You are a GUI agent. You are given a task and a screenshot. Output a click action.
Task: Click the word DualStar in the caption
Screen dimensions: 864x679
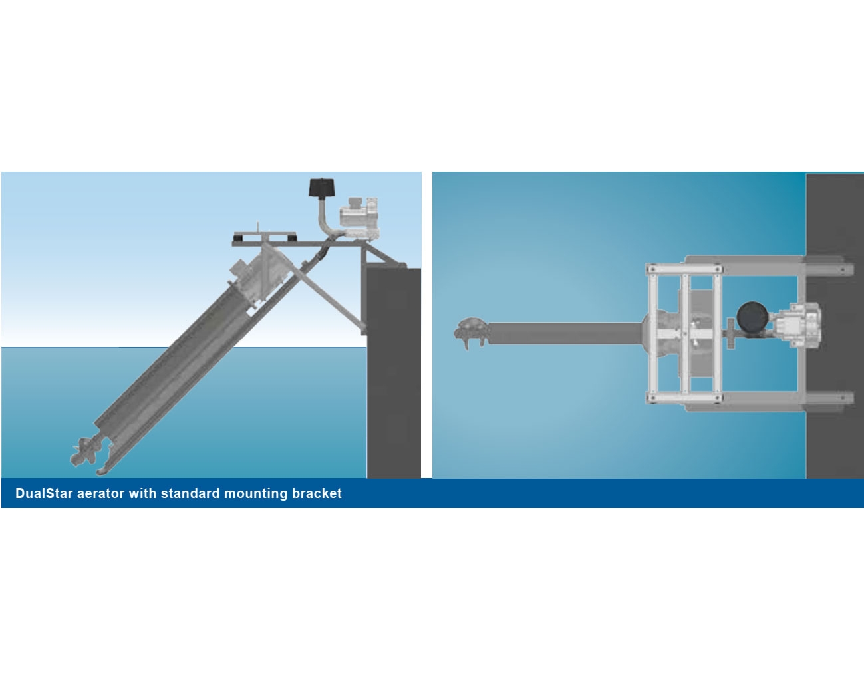(44, 493)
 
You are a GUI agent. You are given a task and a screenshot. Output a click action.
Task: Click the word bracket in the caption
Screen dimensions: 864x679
(317, 493)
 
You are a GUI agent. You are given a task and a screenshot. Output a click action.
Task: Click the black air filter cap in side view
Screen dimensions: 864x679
(322, 188)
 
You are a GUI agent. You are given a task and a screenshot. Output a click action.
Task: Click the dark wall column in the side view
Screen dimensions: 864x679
(394, 373)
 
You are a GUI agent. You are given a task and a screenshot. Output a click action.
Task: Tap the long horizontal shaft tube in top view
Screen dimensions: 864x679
(565, 333)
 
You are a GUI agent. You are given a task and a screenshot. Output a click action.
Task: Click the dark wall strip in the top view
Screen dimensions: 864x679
(835, 326)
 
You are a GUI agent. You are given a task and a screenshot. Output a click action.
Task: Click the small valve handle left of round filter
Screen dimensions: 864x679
(730, 334)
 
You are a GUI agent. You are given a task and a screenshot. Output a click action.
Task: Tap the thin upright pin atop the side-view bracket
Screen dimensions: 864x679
(257, 227)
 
